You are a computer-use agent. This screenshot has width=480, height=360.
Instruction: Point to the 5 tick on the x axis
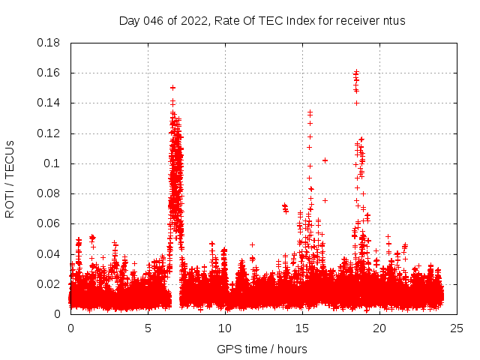coord(148,328)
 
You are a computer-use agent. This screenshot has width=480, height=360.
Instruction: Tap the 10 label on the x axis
coord(225,328)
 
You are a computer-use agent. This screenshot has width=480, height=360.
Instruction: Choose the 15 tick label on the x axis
coord(302,328)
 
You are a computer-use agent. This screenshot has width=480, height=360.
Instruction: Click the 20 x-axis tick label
coord(379,328)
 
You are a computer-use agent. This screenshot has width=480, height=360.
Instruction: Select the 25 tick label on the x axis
coord(457,328)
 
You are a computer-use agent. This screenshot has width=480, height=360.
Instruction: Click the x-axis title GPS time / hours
coord(262,349)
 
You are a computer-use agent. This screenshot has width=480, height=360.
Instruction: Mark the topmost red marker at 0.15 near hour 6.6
coord(172,88)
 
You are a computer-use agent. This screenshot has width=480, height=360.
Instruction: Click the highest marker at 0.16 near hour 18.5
coord(356,73)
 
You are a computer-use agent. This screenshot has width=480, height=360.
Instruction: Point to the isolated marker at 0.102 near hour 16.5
coord(325,160)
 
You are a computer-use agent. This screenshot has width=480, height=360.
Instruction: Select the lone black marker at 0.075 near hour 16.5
coord(325,200)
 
